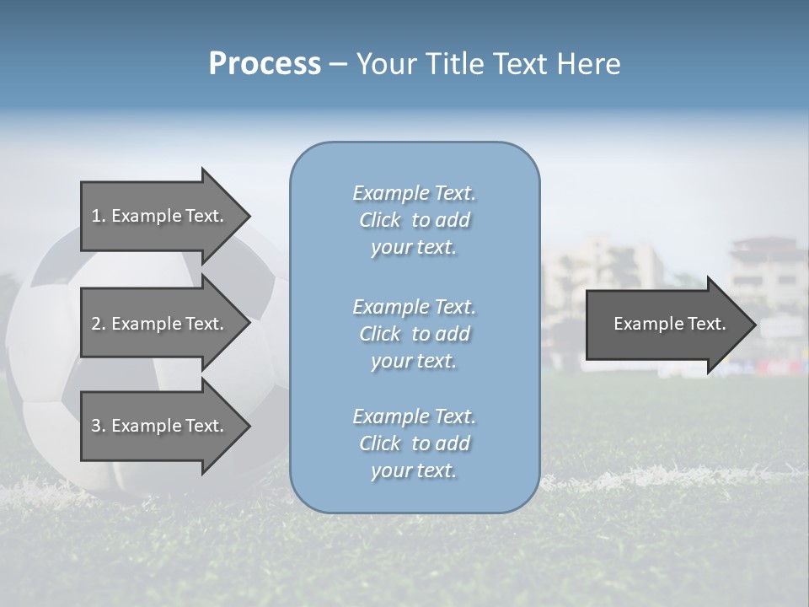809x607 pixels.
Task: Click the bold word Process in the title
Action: tap(265, 64)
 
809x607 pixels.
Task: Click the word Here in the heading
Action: tap(589, 64)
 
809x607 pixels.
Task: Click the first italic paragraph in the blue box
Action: tap(414, 220)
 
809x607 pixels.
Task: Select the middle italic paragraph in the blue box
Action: tap(414, 334)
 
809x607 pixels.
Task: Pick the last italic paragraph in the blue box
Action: tap(414, 443)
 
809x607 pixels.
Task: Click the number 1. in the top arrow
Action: tap(99, 216)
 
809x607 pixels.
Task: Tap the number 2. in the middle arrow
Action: tap(99, 324)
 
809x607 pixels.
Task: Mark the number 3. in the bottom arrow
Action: tap(99, 426)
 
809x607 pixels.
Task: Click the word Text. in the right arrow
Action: tap(706, 324)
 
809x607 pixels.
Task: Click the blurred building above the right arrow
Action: tap(763, 266)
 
